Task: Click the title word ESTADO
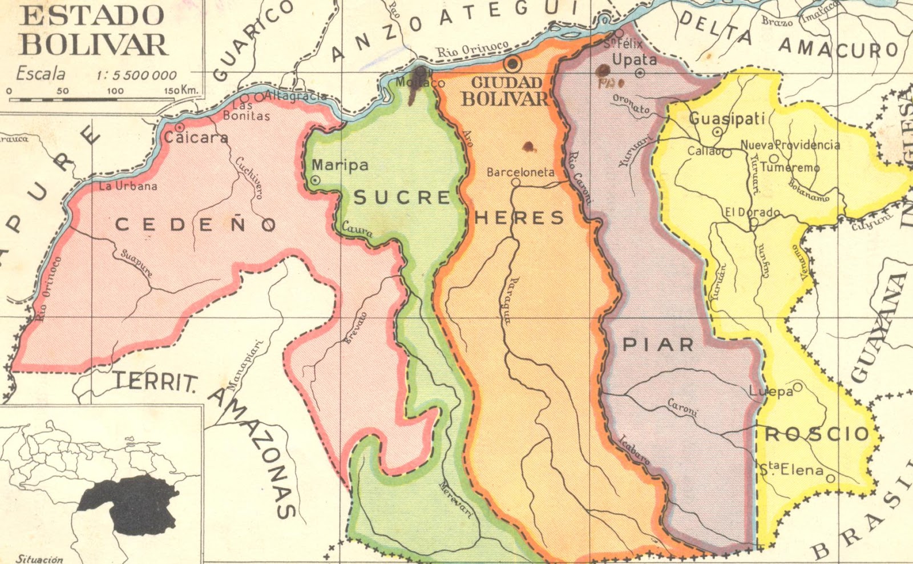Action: (x=92, y=15)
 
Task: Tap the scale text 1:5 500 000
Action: (x=137, y=75)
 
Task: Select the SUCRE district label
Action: (x=402, y=198)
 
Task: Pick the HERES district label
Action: (x=519, y=217)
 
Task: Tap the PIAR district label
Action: (x=658, y=344)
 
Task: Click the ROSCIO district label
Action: (x=817, y=434)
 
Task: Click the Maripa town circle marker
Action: (x=316, y=180)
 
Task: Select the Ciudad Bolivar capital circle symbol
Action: (x=513, y=63)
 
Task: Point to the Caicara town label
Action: (x=196, y=138)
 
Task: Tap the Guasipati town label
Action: (x=727, y=119)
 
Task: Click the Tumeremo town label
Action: (x=790, y=167)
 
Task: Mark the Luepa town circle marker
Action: (x=798, y=387)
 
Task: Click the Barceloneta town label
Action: (x=520, y=172)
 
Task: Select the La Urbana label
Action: (x=128, y=186)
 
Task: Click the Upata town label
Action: (x=634, y=59)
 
